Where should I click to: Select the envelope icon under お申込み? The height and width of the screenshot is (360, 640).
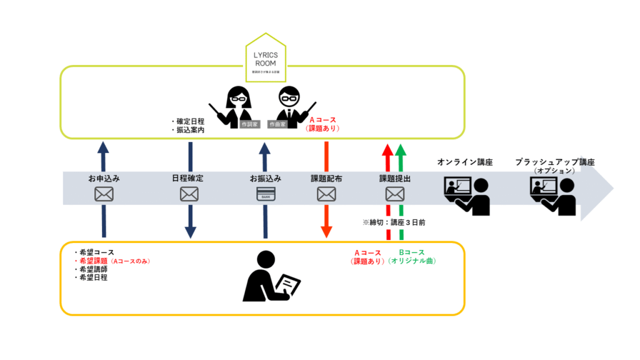[x=104, y=194]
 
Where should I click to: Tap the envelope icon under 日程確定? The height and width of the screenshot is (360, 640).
[x=189, y=194]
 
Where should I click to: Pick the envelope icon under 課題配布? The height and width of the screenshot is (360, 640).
[x=326, y=194]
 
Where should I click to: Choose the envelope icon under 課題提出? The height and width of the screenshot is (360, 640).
[x=394, y=194]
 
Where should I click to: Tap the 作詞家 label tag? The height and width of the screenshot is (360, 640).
[x=248, y=124]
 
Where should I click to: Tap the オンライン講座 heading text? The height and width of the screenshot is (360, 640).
[x=464, y=162]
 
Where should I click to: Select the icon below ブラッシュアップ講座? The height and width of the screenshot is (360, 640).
[x=552, y=195]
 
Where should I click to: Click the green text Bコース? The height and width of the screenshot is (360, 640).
[x=412, y=252]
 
